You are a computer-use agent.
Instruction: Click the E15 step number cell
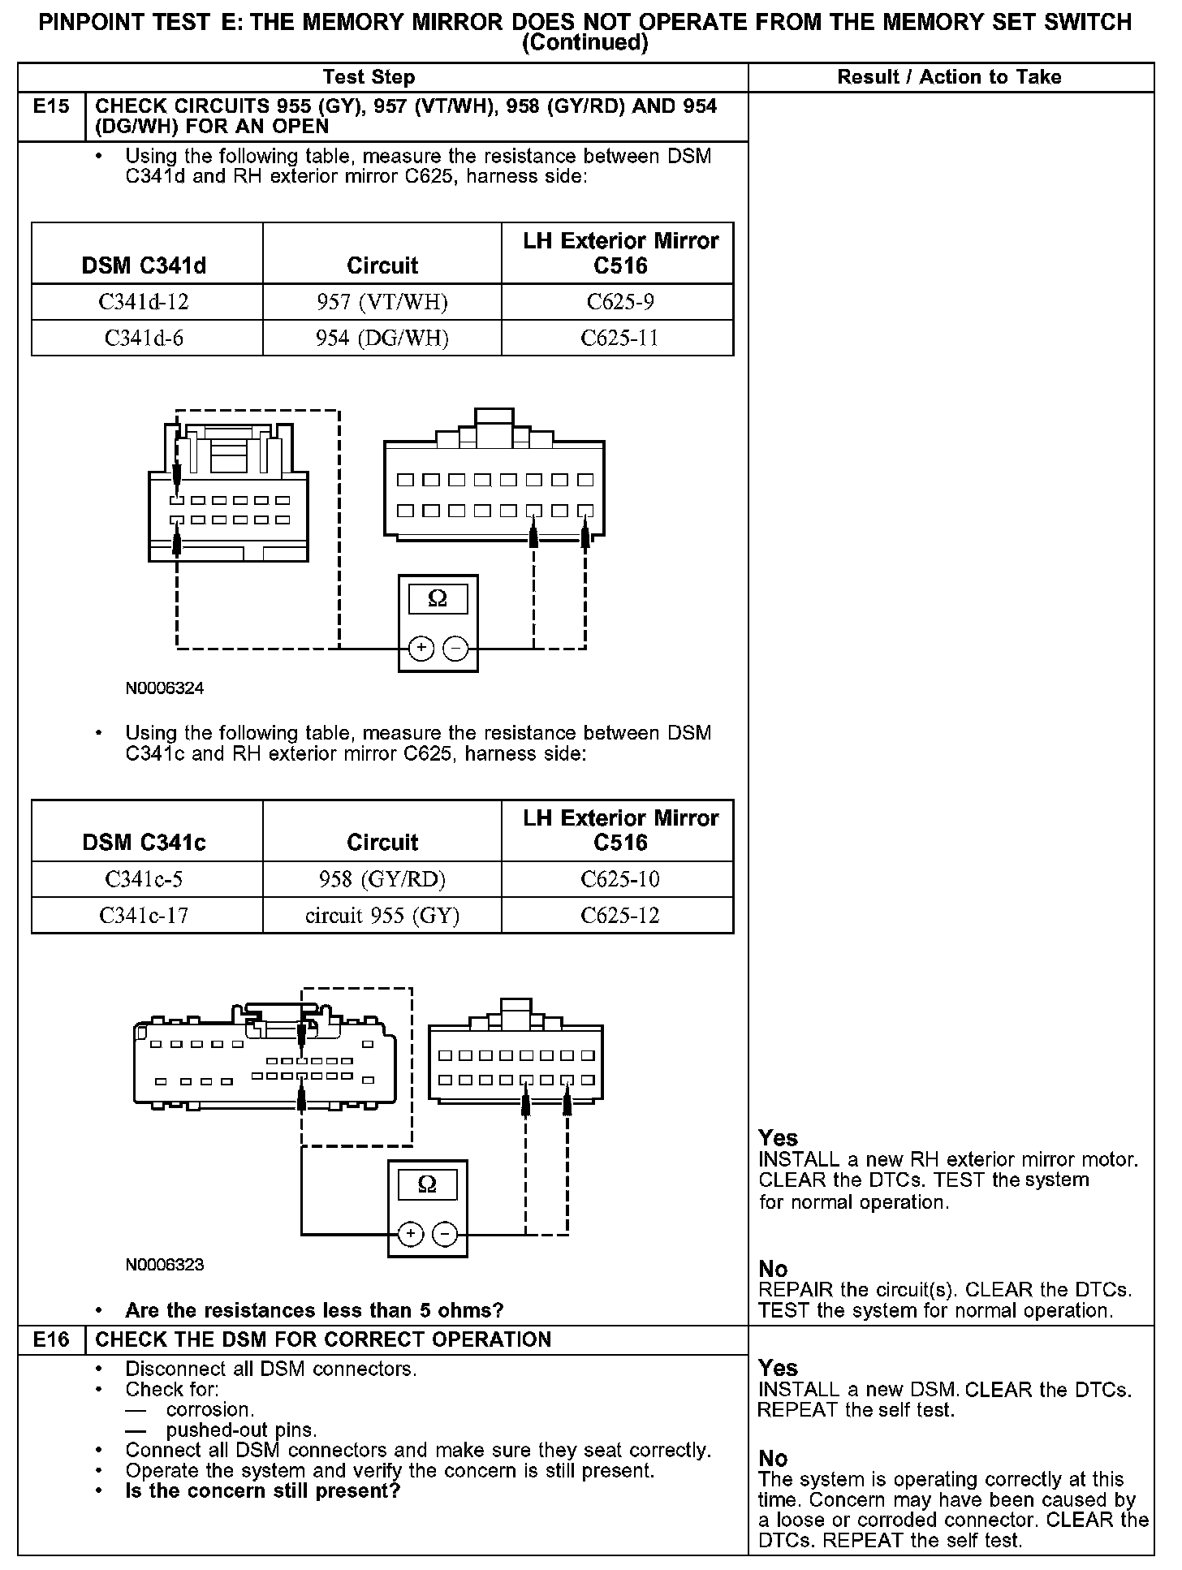(x=50, y=107)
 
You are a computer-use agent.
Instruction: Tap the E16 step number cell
(x=50, y=1339)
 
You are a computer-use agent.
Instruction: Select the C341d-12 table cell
(x=144, y=302)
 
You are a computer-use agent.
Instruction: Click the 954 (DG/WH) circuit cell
(x=382, y=338)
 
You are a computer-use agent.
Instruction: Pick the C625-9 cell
(x=620, y=302)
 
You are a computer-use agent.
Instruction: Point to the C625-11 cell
(x=620, y=338)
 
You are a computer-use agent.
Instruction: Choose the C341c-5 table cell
(x=144, y=879)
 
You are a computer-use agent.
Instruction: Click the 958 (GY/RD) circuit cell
(x=382, y=879)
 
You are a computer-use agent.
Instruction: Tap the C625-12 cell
(x=620, y=916)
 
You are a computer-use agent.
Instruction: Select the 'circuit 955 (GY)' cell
(x=382, y=916)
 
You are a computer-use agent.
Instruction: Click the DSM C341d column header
(x=144, y=265)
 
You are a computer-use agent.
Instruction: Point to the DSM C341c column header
(x=144, y=843)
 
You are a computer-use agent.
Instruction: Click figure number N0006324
(x=165, y=688)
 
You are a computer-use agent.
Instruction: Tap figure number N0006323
(x=165, y=1265)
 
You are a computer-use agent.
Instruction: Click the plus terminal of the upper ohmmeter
(x=421, y=648)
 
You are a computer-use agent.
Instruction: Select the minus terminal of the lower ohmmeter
(x=445, y=1235)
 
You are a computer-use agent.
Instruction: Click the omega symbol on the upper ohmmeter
(x=438, y=599)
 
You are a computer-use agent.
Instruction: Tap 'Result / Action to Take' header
(x=949, y=77)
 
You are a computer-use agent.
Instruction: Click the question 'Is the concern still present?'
(x=263, y=1491)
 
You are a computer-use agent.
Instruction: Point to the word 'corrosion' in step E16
(x=210, y=1409)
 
